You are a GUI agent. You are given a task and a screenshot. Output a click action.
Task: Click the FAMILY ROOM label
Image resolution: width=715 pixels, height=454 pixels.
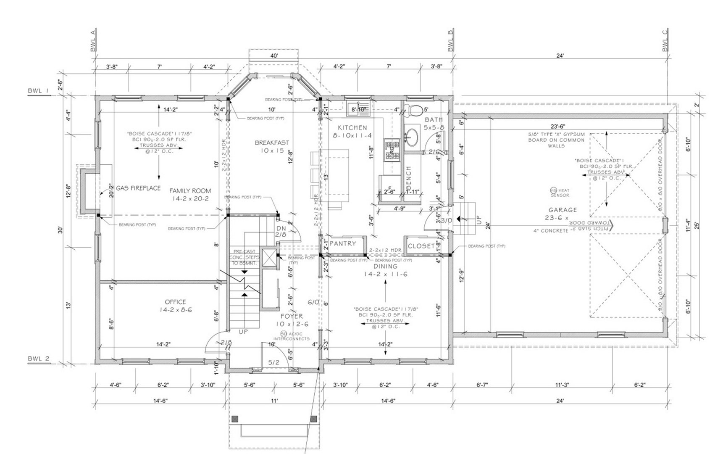click(x=190, y=191)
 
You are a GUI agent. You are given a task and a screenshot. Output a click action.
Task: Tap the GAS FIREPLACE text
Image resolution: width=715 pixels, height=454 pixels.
click(x=138, y=188)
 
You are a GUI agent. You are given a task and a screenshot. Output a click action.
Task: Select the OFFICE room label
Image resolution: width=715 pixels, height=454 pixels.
click(x=175, y=302)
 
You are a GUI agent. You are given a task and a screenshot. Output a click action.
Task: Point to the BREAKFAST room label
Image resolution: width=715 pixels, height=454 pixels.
click(x=272, y=143)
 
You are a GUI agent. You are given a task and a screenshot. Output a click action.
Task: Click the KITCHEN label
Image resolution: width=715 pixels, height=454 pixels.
click(x=352, y=128)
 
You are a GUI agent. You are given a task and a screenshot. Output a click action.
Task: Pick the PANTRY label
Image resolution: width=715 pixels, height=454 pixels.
click(x=343, y=244)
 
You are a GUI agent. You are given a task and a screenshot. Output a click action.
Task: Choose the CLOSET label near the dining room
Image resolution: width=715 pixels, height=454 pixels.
click(x=421, y=246)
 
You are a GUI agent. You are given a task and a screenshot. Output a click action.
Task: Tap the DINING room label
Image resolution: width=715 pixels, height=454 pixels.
click(x=385, y=266)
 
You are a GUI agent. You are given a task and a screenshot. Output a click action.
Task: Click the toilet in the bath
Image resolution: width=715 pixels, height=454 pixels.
click(x=415, y=110)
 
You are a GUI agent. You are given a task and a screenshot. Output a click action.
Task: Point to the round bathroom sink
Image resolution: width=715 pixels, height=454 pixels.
click(x=413, y=137)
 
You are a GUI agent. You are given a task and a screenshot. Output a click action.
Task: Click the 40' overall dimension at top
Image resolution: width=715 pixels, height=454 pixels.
click(x=274, y=56)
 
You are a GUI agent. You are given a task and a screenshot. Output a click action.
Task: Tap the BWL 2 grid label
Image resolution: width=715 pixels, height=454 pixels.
click(x=39, y=359)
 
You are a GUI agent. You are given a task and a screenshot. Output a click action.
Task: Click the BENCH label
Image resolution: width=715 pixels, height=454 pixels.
click(x=408, y=177)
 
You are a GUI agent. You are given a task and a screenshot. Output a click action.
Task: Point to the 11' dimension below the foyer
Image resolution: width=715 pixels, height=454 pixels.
click(x=274, y=401)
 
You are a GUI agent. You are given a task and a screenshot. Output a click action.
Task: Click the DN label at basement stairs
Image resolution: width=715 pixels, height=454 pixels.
click(x=281, y=228)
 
